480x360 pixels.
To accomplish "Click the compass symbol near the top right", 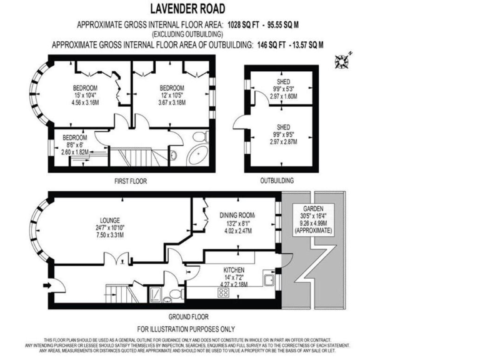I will pos(342,61).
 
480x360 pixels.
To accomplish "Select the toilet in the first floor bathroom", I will pos(198,136).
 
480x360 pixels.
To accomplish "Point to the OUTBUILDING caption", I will pos(277,181).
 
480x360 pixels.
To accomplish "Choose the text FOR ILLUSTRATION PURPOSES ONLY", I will pos(186,329).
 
